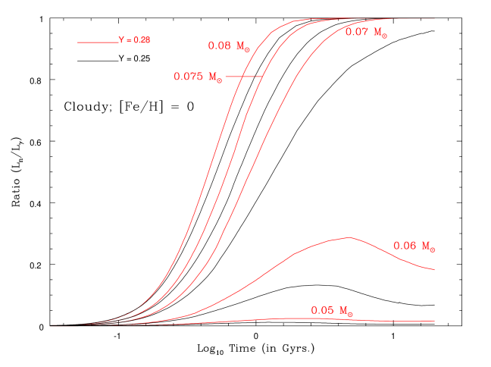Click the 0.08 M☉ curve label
(x=229, y=45)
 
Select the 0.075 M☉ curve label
(x=198, y=77)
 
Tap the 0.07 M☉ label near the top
(x=366, y=32)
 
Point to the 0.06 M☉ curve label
(x=414, y=246)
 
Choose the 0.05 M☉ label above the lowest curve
(x=332, y=310)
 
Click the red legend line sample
(x=97, y=42)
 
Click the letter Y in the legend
(x=120, y=40)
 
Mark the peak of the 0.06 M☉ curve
(x=349, y=237)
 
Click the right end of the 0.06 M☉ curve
(x=434, y=269)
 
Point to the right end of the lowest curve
(x=434, y=321)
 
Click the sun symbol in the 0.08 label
(x=247, y=49)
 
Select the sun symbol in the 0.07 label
(x=384, y=35)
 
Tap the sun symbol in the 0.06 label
(x=433, y=249)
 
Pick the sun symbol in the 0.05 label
(x=350, y=313)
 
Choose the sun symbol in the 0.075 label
(x=220, y=80)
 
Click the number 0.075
(x=188, y=77)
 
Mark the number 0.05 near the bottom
(x=322, y=310)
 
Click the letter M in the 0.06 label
(x=426, y=246)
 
